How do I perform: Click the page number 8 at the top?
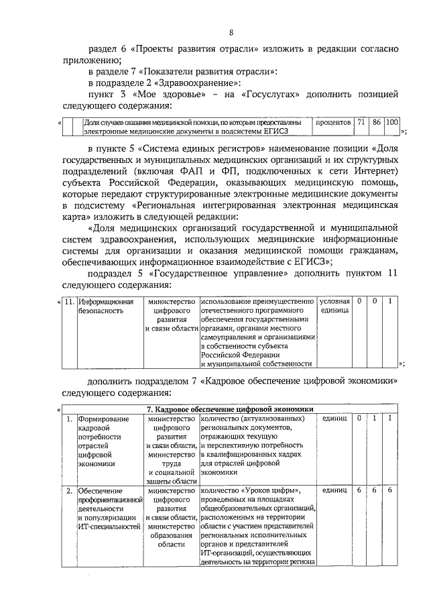point(231,32)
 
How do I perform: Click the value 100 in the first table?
point(392,123)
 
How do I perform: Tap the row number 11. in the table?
point(68,301)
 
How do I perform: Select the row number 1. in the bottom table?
point(69,419)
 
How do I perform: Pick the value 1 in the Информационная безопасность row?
point(390,301)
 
